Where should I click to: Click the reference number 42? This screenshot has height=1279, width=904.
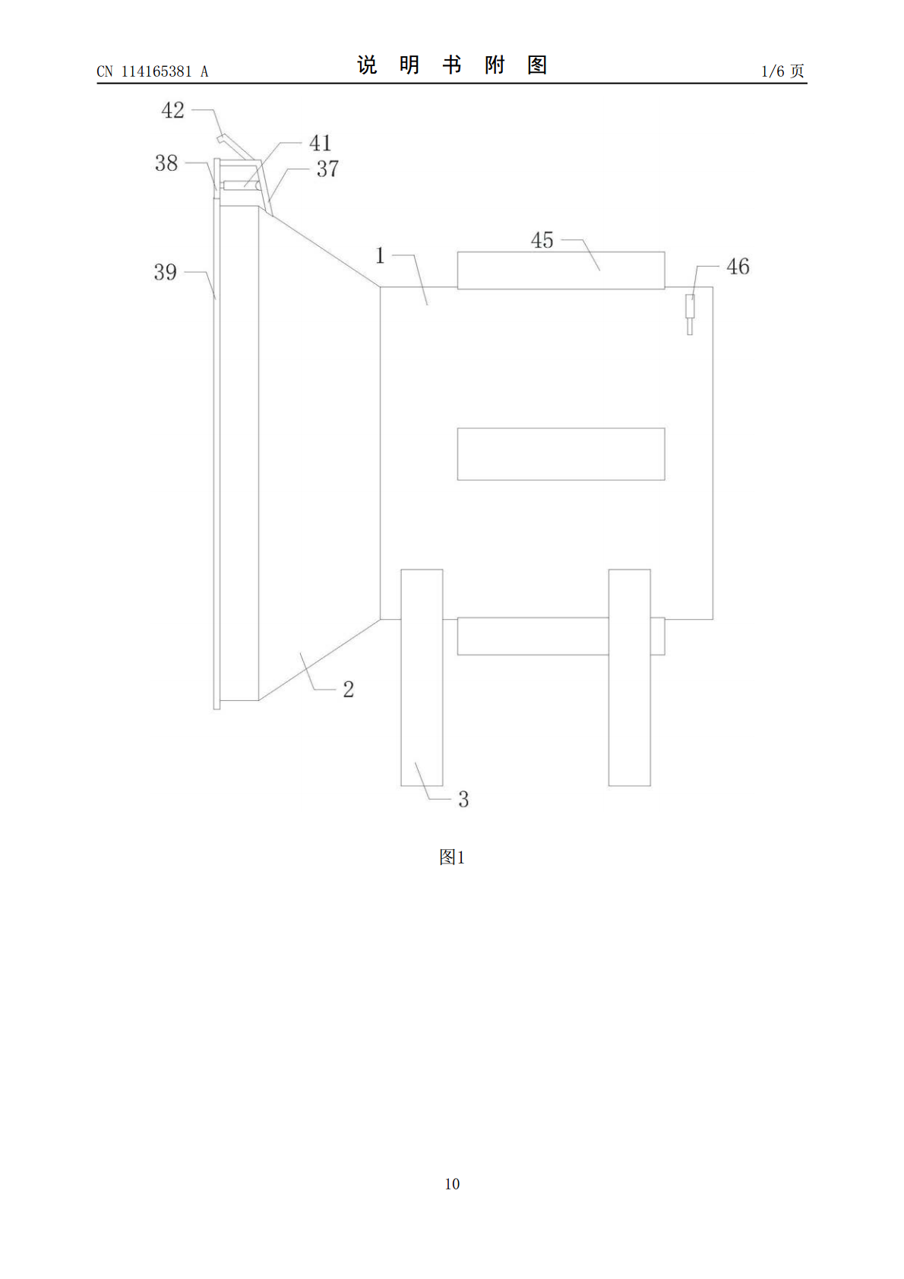tap(172, 110)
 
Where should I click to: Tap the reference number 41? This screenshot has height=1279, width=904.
tap(320, 143)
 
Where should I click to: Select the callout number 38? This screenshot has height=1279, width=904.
tap(166, 163)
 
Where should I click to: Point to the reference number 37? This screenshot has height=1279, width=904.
tap(327, 169)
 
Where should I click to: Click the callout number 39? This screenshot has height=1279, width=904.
tap(165, 272)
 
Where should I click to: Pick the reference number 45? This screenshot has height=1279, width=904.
tap(542, 241)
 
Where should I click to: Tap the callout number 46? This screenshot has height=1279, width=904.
tap(738, 267)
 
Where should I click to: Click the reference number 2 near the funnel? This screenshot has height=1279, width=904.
tap(349, 689)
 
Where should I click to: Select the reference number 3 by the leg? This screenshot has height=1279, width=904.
tap(463, 799)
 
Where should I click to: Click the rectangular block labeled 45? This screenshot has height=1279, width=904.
tap(561, 270)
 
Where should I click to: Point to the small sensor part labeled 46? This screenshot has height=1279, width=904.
tap(690, 314)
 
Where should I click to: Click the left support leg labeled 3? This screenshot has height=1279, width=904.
tap(422, 677)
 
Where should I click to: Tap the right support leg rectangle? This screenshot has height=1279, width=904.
tap(629, 677)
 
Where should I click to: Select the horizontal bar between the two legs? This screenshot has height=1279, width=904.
tap(533, 636)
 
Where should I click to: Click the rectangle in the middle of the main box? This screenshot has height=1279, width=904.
tap(561, 454)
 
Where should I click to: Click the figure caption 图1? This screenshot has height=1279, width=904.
tap(452, 857)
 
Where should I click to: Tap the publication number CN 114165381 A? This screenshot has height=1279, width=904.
tap(153, 71)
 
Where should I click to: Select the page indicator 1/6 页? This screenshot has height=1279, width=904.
tap(783, 71)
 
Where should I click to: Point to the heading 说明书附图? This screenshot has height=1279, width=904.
tap(452, 65)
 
